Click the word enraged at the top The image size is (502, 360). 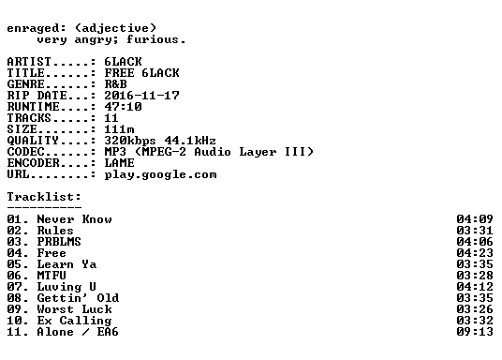click(x=33, y=28)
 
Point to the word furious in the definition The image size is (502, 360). click(x=152, y=39)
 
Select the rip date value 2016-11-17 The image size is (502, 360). click(x=141, y=96)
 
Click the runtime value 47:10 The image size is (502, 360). click(x=124, y=107)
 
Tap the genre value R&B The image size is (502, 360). click(x=115, y=84)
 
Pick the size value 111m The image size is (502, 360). click(x=120, y=129)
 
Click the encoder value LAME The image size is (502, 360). click(x=120, y=163)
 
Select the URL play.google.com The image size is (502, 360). click(x=161, y=174)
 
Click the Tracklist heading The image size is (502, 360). click(x=44, y=197)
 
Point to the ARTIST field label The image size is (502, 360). click(x=29, y=62)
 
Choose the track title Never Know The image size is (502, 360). click(x=75, y=219)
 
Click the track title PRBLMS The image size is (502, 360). click(x=59, y=242)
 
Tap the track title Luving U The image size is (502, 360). click(x=66, y=287)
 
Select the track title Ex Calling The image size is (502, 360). click(x=75, y=321)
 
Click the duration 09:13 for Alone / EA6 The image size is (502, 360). click(x=475, y=332)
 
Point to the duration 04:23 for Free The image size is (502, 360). click(x=475, y=253)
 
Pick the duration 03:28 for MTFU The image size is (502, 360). click(x=475, y=276)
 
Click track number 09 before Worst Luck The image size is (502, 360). click(x=14, y=309)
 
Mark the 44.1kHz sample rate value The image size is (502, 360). click(x=190, y=141)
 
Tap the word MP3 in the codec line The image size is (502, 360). click(x=115, y=152)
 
